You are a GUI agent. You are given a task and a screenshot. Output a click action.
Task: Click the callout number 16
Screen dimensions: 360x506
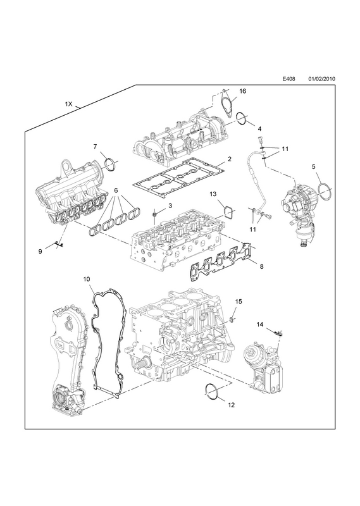[242, 91]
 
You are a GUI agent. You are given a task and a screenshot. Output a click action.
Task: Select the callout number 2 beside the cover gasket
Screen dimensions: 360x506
[229, 159]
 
